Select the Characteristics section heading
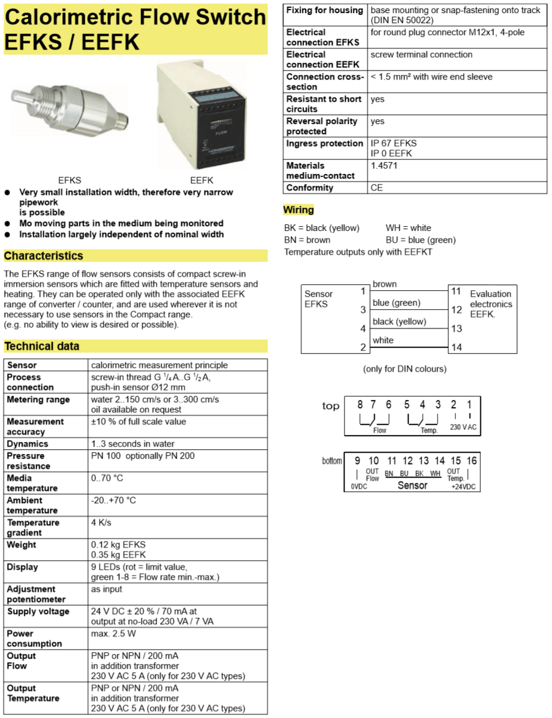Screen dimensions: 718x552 click(x=44, y=256)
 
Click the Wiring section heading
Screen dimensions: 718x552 click(x=298, y=209)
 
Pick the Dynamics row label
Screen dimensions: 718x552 click(x=27, y=444)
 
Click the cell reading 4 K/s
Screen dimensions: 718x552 click(x=101, y=523)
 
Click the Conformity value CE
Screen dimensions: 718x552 click(x=377, y=188)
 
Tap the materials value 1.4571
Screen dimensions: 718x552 click(x=384, y=166)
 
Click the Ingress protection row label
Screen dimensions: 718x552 click(x=324, y=143)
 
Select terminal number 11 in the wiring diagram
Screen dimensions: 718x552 click(x=456, y=291)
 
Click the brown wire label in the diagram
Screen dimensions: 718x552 click(x=385, y=284)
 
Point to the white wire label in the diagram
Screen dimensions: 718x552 click(x=383, y=340)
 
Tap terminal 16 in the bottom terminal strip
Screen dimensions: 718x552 click(x=471, y=460)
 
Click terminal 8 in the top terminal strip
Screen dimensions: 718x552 click(x=360, y=405)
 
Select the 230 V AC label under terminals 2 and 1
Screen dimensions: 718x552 click(x=463, y=427)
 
